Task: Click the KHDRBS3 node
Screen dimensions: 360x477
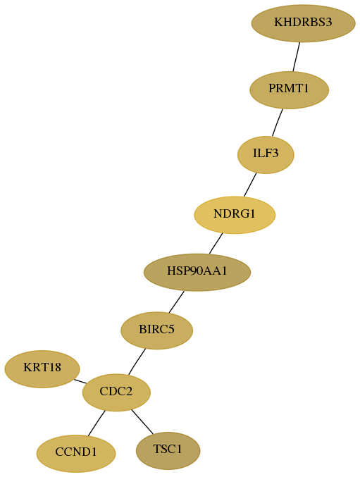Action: click(303, 23)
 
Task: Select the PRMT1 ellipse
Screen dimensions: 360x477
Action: click(289, 89)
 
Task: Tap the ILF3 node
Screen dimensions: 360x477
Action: click(266, 155)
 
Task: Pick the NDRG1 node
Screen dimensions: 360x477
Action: click(235, 215)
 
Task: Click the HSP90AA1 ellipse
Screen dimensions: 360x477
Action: click(197, 272)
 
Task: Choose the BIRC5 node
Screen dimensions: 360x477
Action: click(157, 330)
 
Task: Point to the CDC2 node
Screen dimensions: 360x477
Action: click(116, 392)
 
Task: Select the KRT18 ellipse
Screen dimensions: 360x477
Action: click(42, 369)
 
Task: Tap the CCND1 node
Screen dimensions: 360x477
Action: click(76, 453)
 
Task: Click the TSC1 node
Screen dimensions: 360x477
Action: click(168, 450)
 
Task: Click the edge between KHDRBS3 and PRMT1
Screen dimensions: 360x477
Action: click(297, 57)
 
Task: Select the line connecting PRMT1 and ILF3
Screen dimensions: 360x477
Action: click(278, 123)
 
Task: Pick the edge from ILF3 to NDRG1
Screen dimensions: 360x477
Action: click(250, 185)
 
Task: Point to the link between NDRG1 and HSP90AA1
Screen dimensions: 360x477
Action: click(216, 243)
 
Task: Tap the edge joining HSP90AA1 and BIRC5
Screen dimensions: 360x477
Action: click(176, 302)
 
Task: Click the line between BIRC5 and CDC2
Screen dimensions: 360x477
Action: click(137, 361)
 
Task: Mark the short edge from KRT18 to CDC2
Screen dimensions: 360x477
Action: click(80, 381)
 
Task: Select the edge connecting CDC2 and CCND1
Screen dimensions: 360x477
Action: click(97, 423)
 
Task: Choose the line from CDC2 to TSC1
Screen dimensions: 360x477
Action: click(142, 421)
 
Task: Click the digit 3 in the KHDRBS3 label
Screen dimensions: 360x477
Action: click(329, 23)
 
